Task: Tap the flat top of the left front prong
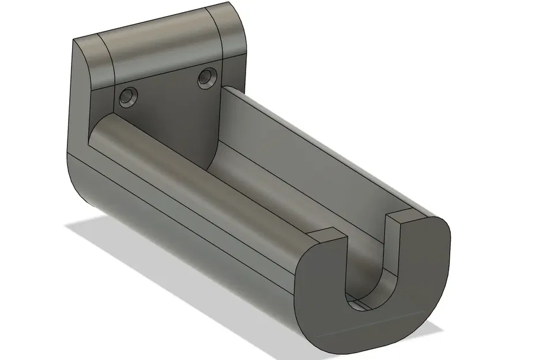326,236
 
